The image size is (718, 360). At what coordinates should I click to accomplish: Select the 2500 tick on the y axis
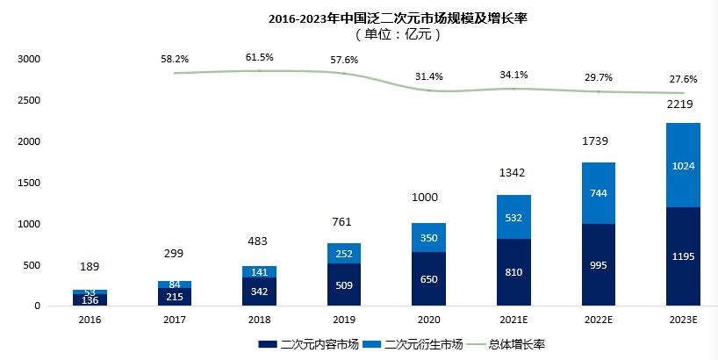[29, 100]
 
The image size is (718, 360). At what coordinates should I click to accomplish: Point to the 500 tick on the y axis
[32, 265]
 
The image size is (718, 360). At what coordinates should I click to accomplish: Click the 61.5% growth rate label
[259, 57]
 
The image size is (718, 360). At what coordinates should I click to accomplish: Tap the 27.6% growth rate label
[683, 79]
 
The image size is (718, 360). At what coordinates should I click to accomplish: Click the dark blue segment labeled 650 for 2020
[427, 278]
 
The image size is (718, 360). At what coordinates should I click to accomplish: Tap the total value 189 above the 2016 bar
[90, 266]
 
